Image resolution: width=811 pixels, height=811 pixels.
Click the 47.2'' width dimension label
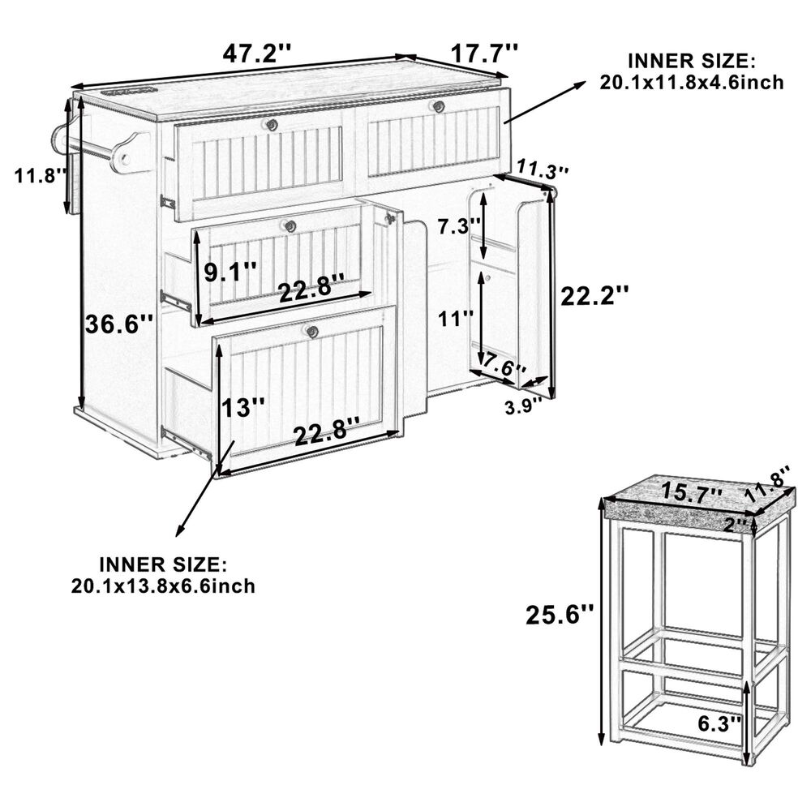257,54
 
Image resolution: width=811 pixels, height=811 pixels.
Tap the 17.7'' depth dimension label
484,54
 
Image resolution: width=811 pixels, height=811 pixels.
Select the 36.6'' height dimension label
119,325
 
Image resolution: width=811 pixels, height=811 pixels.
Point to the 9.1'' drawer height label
230,272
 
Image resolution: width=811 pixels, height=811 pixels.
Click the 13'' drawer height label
243,408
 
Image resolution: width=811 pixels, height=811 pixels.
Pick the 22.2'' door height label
594,296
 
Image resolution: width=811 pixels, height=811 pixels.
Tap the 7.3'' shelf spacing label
460,226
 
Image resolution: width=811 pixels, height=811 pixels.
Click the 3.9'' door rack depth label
524,407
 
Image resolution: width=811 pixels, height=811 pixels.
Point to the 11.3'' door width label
543,169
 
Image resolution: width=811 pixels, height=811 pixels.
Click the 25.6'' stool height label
560,615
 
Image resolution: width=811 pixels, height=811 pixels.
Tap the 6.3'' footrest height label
720,723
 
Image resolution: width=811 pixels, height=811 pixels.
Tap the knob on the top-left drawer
271,125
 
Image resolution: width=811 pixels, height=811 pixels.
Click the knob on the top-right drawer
439,106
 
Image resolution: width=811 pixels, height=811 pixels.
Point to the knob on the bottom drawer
311,332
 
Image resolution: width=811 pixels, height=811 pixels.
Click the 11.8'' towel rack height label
41,175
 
